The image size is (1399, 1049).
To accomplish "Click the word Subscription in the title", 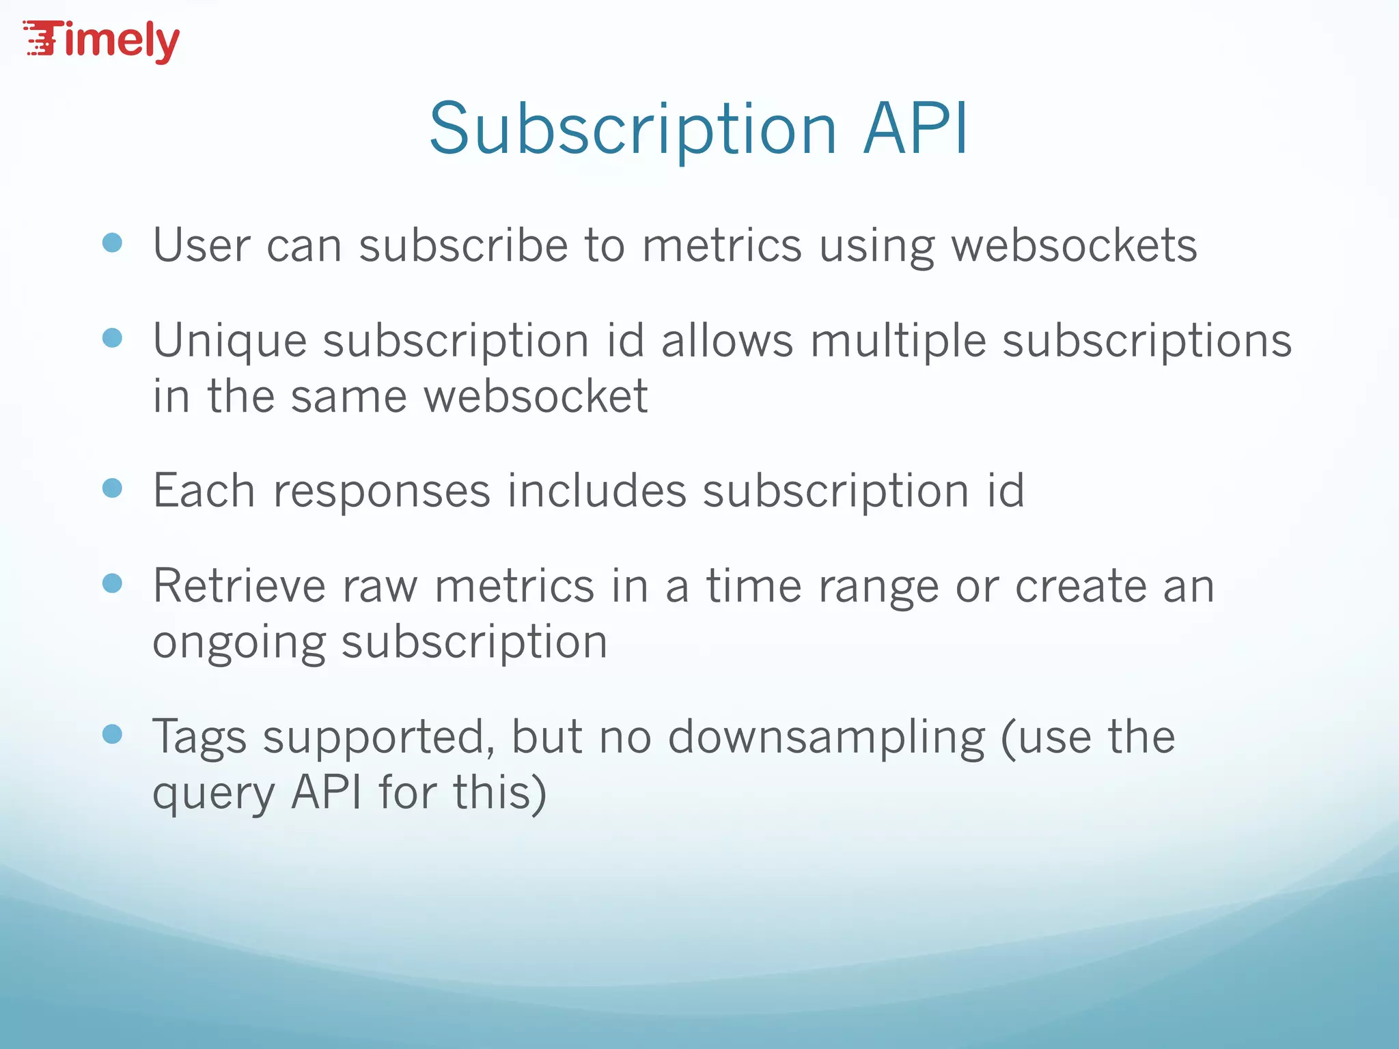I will pos(633,129).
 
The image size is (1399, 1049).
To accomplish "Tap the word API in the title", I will pos(915,129).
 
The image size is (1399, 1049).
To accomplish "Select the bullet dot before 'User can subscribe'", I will pos(112,243).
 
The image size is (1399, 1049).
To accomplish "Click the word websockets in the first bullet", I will pos(1074,246).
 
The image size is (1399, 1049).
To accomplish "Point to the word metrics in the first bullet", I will pos(721,246).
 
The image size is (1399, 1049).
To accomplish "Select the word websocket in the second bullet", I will pos(536,396).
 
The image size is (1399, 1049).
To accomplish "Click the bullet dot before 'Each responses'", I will pos(112,488).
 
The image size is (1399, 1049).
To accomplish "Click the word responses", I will pos(382,492).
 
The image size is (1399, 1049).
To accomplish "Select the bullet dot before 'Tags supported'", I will pos(112,734).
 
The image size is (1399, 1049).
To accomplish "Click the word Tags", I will pos(199,738).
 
